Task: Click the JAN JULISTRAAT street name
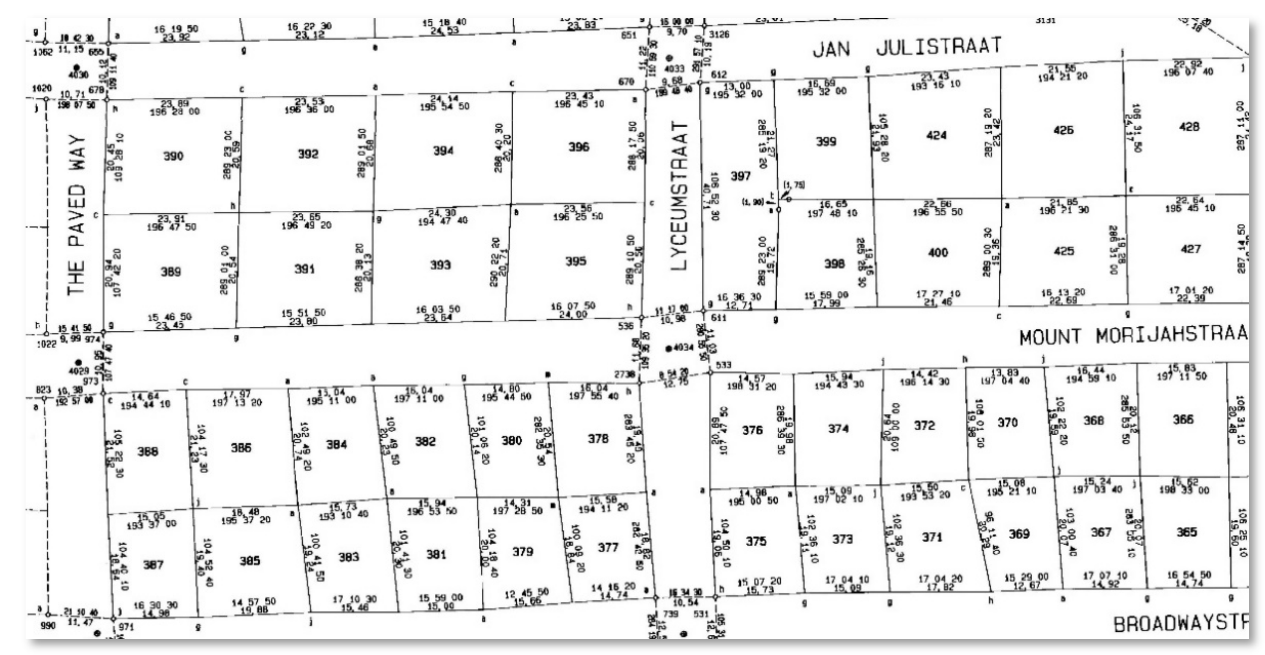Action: pos(906,48)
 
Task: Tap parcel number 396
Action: pos(578,147)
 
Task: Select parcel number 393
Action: pos(440,265)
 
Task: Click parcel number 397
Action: pos(740,176)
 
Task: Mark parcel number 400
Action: pos(937,253)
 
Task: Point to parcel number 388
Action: pos(147,451)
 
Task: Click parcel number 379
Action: pos(522,551)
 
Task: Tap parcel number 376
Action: pos(752,430)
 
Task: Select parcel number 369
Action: pos(1019,534)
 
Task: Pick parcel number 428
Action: pos(1189,127)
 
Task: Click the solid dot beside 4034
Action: pos(668,349)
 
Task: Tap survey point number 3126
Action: pos(719,34)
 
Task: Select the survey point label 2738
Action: pos(624,374)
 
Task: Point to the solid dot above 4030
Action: pos(76,67)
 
